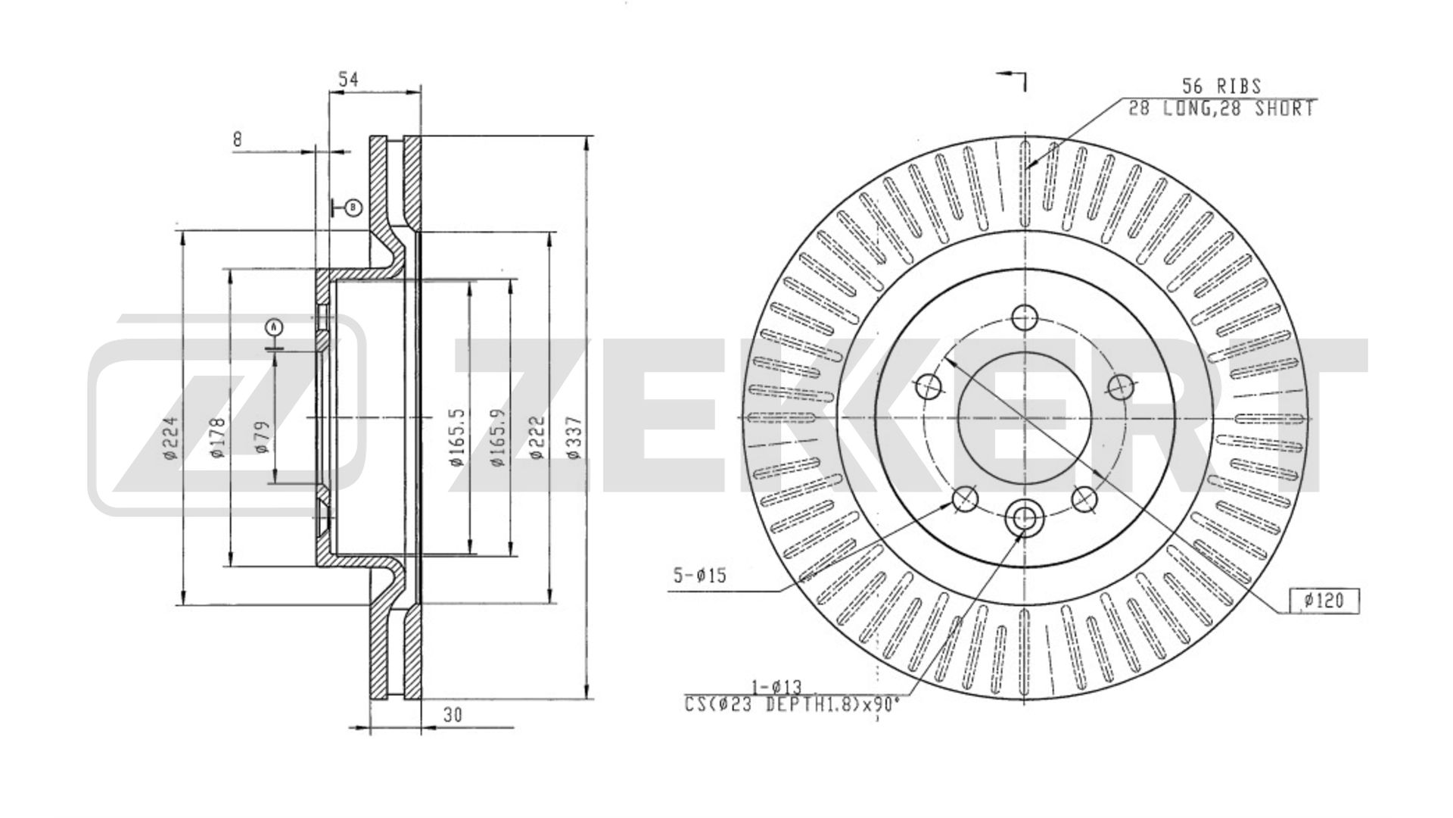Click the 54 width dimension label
click(x=347, y=79)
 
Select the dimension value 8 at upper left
click(x=238, y=139)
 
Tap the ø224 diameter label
click(x=169, y=439)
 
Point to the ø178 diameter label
click(x=216, y=439)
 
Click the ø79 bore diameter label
click(x=262, y=437)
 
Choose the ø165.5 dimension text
click(x=456, y=437)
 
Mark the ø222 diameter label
click(x=537, y=437)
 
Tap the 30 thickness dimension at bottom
click(x=453, y=714)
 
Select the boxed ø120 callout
click(x=1324, y=601)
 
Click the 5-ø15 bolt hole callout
click(x=700, y=576)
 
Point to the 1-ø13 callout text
click(x=776, y=687)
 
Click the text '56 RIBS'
click(x=1222, y=86)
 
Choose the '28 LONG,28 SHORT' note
click(x=1221, y=109)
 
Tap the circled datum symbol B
click(x=354, y=207)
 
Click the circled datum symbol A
click(x=274, y=327)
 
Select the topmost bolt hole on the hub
click(x=1025, y=317)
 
